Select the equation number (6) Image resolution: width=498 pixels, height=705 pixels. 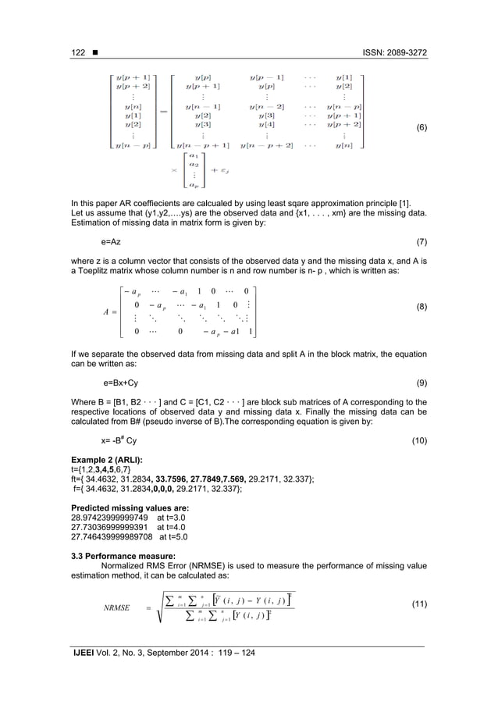tap(419, 127)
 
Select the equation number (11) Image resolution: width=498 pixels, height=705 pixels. tap(418, 605)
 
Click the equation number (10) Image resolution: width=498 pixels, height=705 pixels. tap(419, 441)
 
